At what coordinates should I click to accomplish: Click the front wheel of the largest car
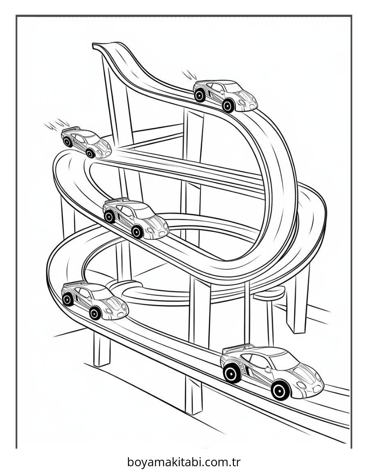point(281,390)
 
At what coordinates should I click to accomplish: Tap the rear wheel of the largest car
point(232,373)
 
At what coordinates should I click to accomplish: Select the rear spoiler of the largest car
point(238,348)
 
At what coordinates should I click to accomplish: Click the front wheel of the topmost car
point(228,106)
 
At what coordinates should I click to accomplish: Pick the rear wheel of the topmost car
point(200,96)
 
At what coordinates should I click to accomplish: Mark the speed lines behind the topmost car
point(189,75)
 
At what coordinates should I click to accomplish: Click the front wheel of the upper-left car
point(90,153)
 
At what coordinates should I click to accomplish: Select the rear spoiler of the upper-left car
point(70,129)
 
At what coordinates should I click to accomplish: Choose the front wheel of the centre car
point(137,232)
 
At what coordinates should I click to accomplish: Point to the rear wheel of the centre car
point(109,217)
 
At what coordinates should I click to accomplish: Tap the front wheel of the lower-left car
point(95,313)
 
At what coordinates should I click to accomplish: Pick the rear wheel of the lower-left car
point(68,300)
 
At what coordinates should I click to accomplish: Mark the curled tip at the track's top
point(97,45)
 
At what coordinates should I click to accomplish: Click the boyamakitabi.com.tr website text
point(183,462)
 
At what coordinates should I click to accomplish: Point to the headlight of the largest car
point(302,385)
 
